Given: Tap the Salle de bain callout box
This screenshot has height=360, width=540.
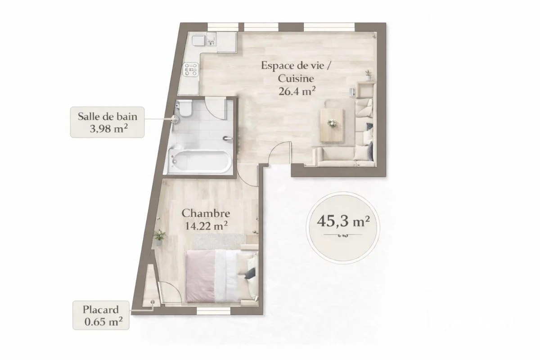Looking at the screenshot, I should pyautogui.click(x=108, y=122).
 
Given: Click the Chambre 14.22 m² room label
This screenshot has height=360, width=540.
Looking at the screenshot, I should pyautogui.click(x=206, y=219).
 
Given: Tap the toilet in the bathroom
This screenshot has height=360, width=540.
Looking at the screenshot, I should pyautogui.click(x=185, y=108).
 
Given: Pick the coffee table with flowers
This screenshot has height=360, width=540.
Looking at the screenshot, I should pyautogui.click(x=332, y=122).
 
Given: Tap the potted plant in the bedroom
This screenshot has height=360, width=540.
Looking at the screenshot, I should pyautogui.click(x=159, y=236).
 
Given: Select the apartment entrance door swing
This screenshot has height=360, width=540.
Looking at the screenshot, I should pyautogui.click(x=279, y=153).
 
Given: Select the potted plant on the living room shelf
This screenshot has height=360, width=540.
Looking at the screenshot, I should pyautogui.click(x=368, y=74).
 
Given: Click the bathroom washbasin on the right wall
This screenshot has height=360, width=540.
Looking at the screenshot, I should pyautogui.click(x=229, y=139).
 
